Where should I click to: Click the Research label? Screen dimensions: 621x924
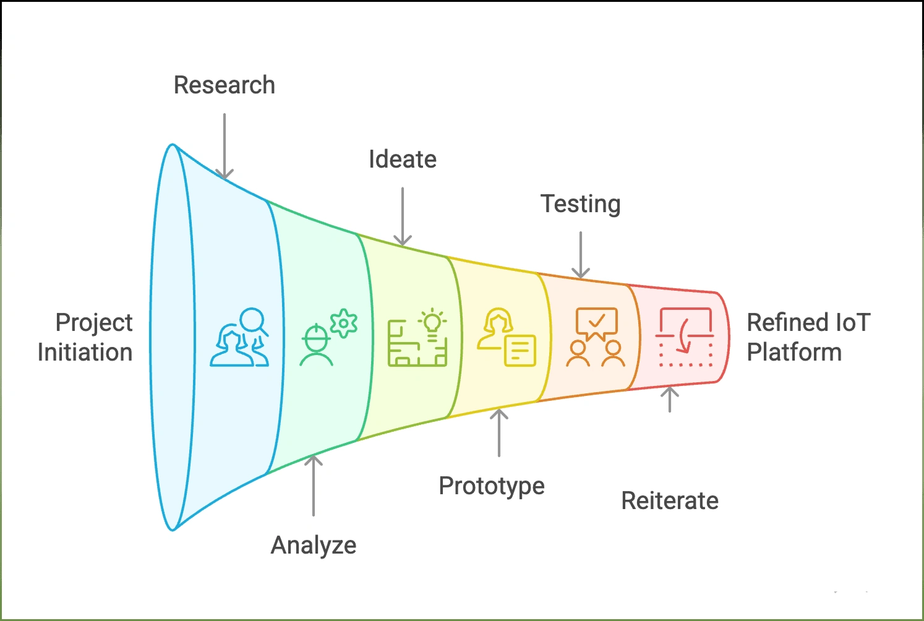(224, 85)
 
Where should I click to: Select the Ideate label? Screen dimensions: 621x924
(403, 160)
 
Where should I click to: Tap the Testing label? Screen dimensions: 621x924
(580, 204)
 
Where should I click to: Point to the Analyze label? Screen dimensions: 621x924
(314, 546)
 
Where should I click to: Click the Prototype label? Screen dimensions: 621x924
(492, 486)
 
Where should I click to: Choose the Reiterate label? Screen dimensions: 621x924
(670, 501)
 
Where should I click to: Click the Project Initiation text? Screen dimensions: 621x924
(85, 337)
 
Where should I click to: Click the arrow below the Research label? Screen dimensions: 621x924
(225, 146)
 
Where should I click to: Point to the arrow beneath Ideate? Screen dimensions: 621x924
(403, 216)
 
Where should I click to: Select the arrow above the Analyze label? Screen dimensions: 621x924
(314, 486)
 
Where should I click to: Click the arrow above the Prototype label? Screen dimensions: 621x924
(499, 432)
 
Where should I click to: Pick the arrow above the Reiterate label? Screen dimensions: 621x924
(670, 400)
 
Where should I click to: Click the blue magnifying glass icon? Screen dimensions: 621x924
(254, 321)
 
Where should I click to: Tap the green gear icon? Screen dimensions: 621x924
(344, 323)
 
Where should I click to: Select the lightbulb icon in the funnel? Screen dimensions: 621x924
(432, 322)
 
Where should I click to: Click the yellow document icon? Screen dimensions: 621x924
(520, 351)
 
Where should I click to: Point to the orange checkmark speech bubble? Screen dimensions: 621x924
(596, 322)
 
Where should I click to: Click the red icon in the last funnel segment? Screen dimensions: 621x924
(685, 337)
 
